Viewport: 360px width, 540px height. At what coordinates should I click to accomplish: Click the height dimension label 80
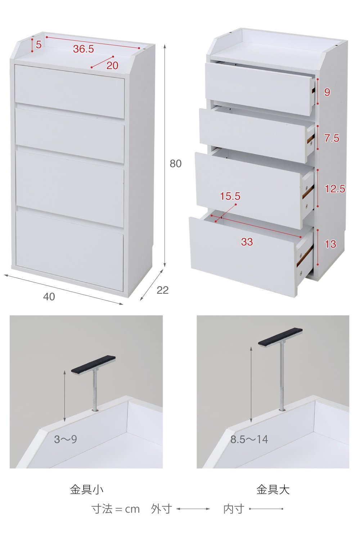[176, 164]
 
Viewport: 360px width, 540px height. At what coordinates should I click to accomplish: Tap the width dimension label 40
[49, 297]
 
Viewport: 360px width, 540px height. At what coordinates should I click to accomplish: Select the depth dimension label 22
[162, 290]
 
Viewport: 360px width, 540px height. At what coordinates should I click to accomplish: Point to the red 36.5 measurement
[84, 49]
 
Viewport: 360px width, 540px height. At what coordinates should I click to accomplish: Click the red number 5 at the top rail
[39, 45]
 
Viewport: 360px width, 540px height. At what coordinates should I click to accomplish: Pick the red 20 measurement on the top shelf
[112, 66]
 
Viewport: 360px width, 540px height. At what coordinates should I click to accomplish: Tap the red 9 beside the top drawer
[327, 92]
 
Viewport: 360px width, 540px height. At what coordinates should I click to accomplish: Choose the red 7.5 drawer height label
[332, 138]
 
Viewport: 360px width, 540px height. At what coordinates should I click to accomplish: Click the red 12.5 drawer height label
[335, 189]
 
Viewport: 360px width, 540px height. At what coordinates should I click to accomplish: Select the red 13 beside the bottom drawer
[330, 244]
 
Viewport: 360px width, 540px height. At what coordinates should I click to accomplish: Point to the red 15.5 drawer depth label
[230, 196]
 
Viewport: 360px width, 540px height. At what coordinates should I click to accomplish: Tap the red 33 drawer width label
[247, 242]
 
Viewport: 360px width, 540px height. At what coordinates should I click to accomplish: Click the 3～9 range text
[66, 439]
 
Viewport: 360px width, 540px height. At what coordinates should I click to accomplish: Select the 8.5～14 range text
[249, 439]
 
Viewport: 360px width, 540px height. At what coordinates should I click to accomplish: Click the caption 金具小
[87, 490]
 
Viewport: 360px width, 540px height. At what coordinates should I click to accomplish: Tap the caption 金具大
[273, 490]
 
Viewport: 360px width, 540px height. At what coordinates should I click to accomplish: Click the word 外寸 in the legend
[162, 509]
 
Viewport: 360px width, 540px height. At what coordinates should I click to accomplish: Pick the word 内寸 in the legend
[234, 509]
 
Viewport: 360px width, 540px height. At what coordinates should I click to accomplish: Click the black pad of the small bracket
[93, 364]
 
